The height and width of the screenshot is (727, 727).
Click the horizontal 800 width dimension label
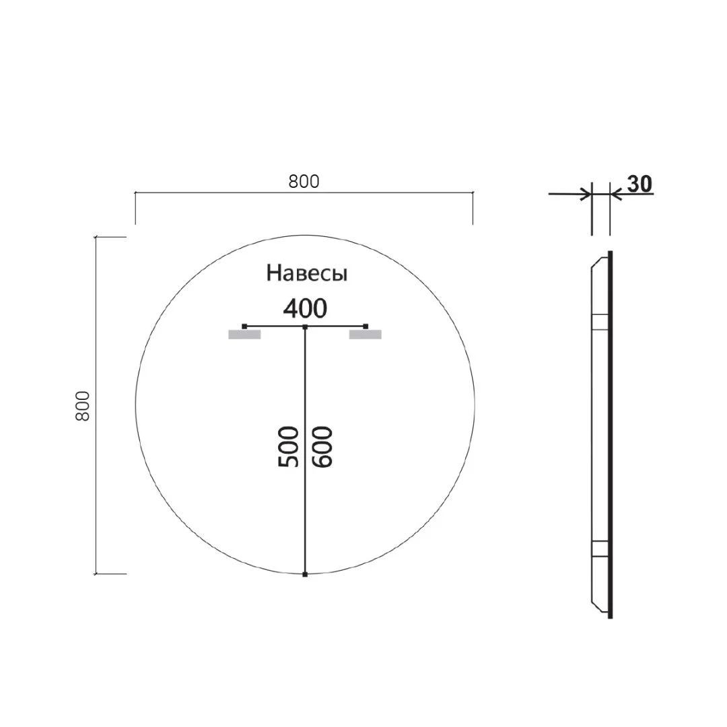[304, 181]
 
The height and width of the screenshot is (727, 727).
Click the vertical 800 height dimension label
[82, 406]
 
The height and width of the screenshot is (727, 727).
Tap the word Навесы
[307, 273]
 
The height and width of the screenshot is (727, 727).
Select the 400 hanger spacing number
[305, 308]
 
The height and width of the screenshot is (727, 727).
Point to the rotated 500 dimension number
[288, 446]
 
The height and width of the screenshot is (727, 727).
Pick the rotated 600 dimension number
[322, 446]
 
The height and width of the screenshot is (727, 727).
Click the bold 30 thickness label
[639, 184]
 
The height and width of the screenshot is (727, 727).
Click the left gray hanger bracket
[244, 335]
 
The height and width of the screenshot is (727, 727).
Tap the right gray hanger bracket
[365, 335]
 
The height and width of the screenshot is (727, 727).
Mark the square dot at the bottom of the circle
[305, 574]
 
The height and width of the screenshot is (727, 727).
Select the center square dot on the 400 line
[305, 326]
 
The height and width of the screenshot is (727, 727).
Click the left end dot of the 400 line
[244, 326]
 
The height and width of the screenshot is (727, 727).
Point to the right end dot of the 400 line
[366, 326]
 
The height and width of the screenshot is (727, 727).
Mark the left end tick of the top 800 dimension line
[136, 194]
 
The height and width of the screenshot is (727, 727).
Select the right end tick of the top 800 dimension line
[473, 194]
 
